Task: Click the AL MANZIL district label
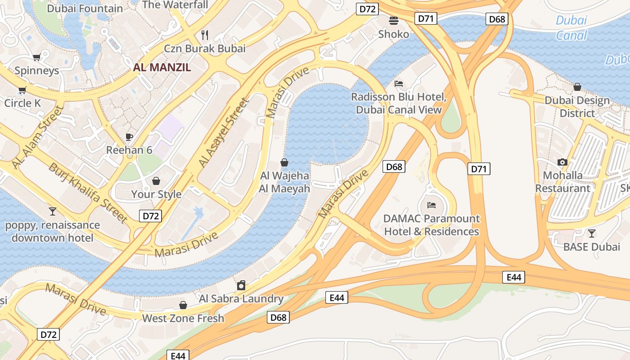(162, 67)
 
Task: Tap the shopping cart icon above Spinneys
(36, 57)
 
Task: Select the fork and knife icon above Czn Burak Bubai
(205, 35)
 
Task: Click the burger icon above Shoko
(394, 20)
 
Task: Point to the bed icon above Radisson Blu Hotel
(398, 83)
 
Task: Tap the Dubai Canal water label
(571, 27)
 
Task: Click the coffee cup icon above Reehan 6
(129, 137)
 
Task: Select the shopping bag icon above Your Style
(156, 181)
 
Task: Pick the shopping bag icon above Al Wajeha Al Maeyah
(284, 162)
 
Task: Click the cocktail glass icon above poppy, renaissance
(53, 211)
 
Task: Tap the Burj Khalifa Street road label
(88, 193)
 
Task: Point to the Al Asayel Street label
(224, 133)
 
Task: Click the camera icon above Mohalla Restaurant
(562, 162)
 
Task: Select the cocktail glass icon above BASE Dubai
(592, 233)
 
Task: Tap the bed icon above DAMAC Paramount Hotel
(432, 205)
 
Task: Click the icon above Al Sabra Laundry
(241, 285)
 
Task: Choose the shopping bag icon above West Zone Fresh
(183, 305)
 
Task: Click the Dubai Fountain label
(85, 8)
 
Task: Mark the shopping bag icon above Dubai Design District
(577, 87)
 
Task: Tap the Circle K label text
(22, 103)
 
